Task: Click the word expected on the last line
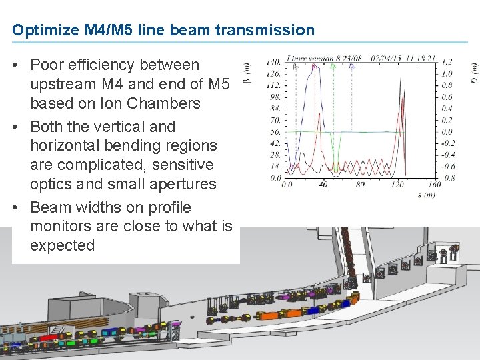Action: [x=63, y=245]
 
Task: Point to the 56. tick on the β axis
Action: [x=275, y=131]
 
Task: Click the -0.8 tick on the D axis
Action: [x=449, y=178]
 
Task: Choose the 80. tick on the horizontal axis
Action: [x=361, y=185]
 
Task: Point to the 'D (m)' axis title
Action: [x=474, y=74]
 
